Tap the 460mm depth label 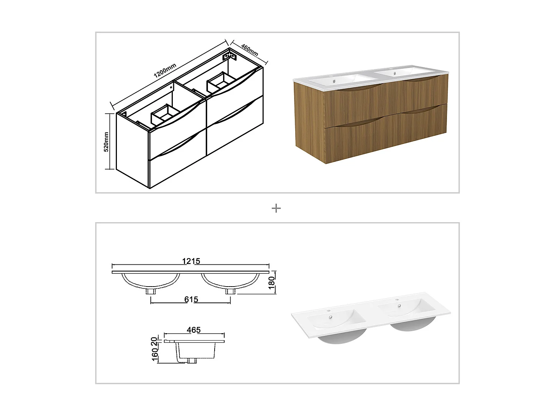[x=249, y=50]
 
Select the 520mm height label [x=106, y=142]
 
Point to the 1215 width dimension [x=191, y=261]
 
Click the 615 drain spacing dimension [x=191, y=299]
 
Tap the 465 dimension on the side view [x=194, y=329]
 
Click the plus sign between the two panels [x=276, y=209]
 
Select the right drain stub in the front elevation [x=230, y=291]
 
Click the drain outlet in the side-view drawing [x=192, y=361]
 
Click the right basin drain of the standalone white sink [x=399, y=305]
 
